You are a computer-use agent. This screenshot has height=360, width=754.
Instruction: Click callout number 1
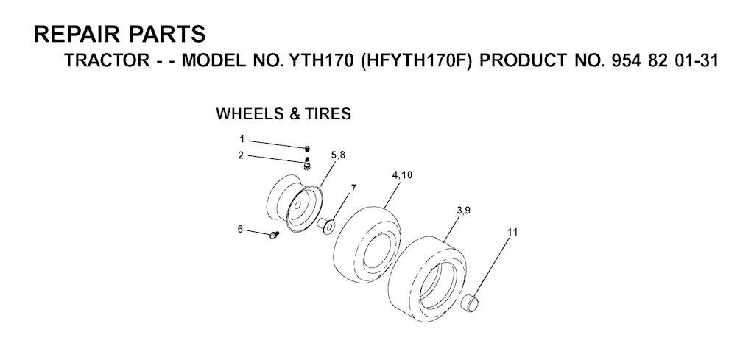241,138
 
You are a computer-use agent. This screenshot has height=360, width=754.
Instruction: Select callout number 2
241,155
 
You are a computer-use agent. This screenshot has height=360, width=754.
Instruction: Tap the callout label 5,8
338,155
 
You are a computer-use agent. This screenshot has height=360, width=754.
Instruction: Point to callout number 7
353,188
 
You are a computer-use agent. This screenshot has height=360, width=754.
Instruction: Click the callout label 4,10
402,175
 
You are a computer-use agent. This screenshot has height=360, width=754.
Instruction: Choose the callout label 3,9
464,211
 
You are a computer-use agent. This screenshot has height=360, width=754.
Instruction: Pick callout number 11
512,232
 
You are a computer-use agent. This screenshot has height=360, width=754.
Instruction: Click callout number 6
240,229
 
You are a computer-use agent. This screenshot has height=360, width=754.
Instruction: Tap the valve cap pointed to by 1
306,149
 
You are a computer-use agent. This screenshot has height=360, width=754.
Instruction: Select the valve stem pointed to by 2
306,160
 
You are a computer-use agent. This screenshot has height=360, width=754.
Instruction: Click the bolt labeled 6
274,235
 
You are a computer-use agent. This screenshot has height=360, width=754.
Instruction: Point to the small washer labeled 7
328,223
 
